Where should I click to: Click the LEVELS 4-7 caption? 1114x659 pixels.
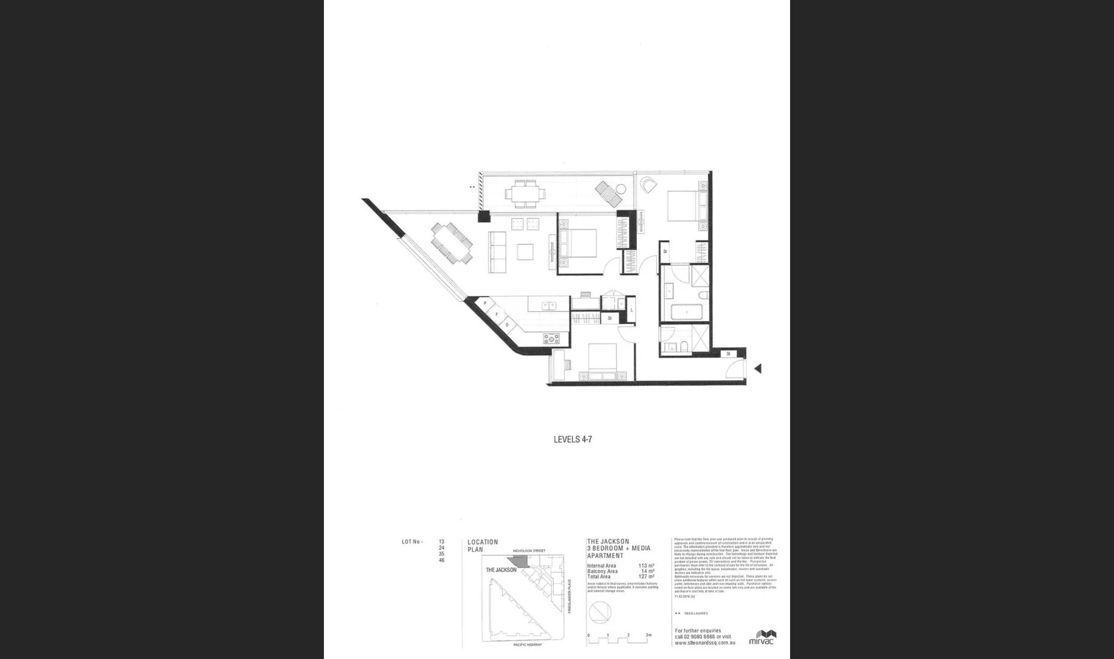[x=572, y=439]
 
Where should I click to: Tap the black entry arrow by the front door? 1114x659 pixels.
[x=758, y=369]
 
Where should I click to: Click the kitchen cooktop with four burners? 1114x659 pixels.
[x=552, y=338]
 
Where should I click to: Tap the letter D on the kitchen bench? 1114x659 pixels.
[x=507, y=325]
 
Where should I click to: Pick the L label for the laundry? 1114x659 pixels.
[x=631, y=311]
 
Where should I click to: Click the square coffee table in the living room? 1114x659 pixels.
[x=525, y=252]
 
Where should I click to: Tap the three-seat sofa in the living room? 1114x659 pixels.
[x=497, y=252]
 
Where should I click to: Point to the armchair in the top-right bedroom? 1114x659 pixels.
[x=649, y=184]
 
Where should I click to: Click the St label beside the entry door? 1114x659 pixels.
[x=728, y=354]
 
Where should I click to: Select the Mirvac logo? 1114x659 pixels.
[x=762, y=637]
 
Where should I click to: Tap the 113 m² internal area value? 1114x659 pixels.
[x=646, y=566]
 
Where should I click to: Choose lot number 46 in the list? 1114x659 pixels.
[x=441, y=560]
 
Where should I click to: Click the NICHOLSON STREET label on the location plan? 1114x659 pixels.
[x=529, y=551]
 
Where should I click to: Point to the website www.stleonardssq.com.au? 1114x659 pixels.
[x=705, y=643]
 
